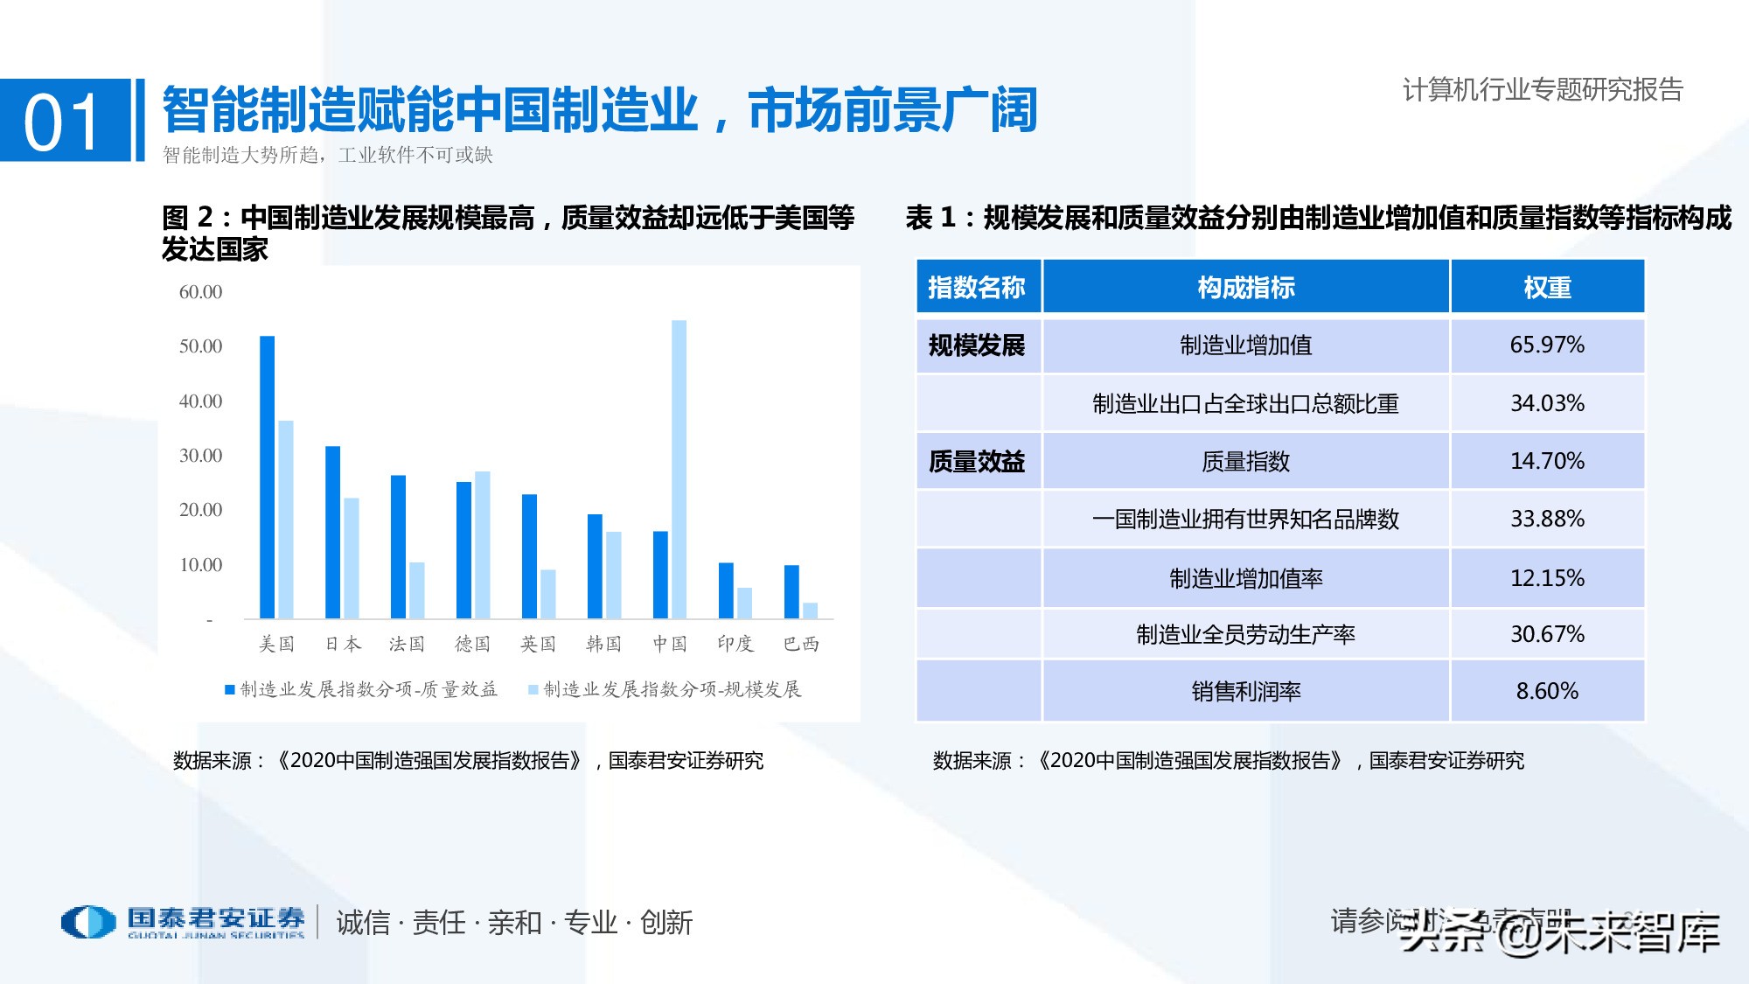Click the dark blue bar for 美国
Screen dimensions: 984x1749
pos(267,477)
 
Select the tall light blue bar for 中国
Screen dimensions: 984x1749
pos(679,469)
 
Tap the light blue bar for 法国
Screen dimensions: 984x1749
pos(417,590)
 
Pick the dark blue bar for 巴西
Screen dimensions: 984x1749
pos(791,592)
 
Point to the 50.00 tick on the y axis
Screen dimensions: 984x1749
pos(200,346)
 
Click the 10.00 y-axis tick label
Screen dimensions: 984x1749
pos(200,565)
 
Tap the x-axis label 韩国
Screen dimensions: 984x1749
pos(603,645)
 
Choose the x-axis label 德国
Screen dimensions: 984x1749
pos(472,645)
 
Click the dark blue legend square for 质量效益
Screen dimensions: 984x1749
pos(230,690)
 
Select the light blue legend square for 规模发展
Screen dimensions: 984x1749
pos(533,690)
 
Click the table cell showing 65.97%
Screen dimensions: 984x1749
pos(1546,345)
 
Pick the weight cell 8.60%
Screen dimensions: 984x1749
pos(1546,692)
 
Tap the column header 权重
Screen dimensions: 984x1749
pos(1546,287)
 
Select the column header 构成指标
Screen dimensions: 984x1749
pos(1245,287)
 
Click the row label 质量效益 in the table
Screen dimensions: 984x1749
pos(976,462)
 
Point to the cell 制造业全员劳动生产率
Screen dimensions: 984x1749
pos(1245,635)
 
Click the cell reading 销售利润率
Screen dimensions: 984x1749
pos(1245,692)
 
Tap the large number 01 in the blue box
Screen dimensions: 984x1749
pos(63,122)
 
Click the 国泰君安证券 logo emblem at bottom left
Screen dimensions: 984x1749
pos(87,922)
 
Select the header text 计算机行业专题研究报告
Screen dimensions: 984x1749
pos(1543,90)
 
